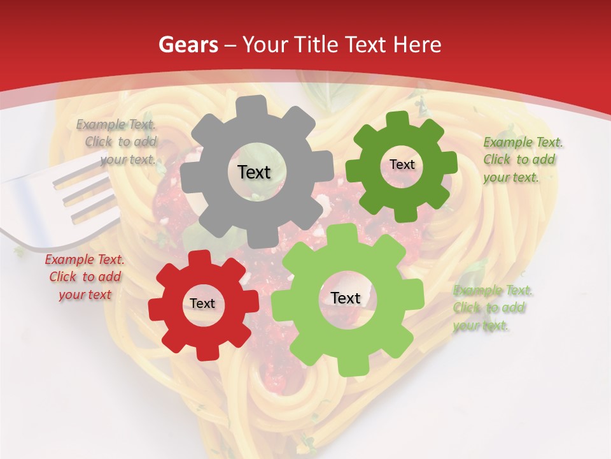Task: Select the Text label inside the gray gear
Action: point(254,172)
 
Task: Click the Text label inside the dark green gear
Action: point(402,164)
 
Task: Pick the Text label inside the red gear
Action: point(202,304)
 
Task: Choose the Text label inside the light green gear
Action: point(346,298)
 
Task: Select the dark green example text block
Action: point(521,159)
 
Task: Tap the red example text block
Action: point(85,277)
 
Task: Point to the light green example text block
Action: point(491,308)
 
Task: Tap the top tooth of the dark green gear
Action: point(397,118)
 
